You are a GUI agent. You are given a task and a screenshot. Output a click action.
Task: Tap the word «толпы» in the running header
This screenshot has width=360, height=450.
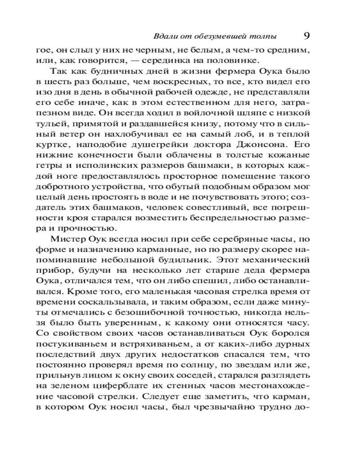tap(262, 36)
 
